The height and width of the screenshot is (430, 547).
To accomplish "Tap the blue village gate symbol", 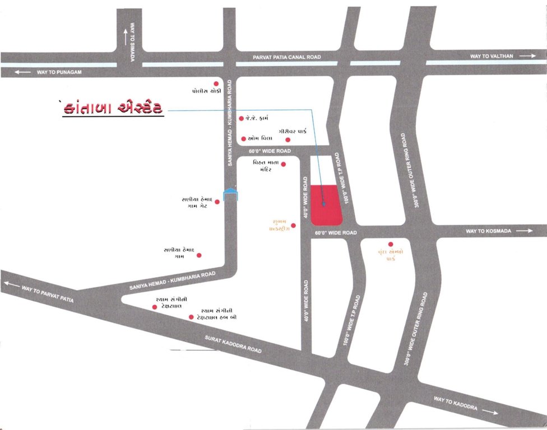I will point(230,194).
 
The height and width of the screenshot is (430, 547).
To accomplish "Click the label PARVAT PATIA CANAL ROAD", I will point(286,57).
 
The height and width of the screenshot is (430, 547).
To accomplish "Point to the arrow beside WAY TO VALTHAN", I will point(528,56).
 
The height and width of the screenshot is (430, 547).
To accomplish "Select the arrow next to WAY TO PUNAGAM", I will point(22,72).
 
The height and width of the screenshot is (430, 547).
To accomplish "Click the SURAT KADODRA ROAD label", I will point(234,344).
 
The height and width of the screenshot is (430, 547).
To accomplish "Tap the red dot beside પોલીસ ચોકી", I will point(215,84).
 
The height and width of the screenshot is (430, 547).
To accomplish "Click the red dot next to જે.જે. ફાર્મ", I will point(242,118).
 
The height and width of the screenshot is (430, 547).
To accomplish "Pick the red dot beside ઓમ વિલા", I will point(244,139).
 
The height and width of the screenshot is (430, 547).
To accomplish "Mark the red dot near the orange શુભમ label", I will point(293,226).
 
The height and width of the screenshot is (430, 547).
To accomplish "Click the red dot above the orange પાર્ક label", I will point(391,244).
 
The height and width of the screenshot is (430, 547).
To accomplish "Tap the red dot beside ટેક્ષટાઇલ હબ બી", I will point(191,317).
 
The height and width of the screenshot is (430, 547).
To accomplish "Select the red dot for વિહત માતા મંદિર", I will point(283,164).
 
